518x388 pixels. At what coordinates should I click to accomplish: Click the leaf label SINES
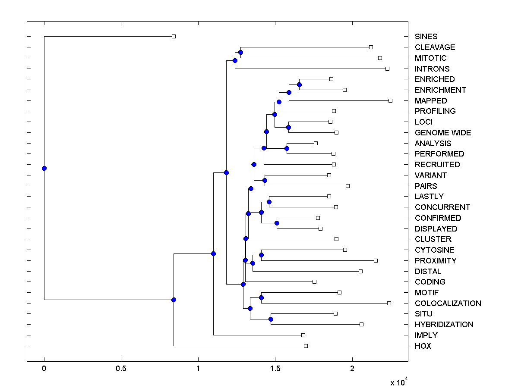click(x=426, y=37)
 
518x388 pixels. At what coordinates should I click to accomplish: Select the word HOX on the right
click(x=423, y=346)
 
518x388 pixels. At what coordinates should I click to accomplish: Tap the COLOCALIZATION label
click(x=448, y=304)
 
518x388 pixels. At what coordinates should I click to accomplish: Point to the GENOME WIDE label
click(x=442, y=133)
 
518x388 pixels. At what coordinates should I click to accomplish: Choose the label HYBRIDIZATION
click(x=444, y=325)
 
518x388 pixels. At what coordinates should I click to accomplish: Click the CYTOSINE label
click(x=434, y=250)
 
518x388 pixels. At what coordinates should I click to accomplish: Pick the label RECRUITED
click(x=437, y=165)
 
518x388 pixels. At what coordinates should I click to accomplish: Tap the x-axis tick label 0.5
click(x=121, y=369)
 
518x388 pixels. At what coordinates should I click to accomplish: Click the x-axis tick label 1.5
click(x=275, y=369)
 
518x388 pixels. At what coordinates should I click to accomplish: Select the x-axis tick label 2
click(x=352, y=369)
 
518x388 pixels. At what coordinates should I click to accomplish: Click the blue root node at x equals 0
click(x=44, y=168)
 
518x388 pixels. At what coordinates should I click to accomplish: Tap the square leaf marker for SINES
click(x=174, y=37)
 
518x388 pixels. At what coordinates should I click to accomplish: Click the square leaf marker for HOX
click(x=306, y=346)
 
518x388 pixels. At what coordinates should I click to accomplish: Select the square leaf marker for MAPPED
click(x=390, y=100)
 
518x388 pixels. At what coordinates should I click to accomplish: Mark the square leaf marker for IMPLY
click(x=303, y=335)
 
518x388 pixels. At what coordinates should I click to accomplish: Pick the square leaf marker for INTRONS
click(x=387, y=69)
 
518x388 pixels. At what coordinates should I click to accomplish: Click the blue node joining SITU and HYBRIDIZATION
click(x=271, y=319)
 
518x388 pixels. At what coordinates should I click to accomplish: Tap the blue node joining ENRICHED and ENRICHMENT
click(x=299, y=84)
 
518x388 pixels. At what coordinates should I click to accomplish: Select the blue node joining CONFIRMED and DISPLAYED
click(x=277, y=223)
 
